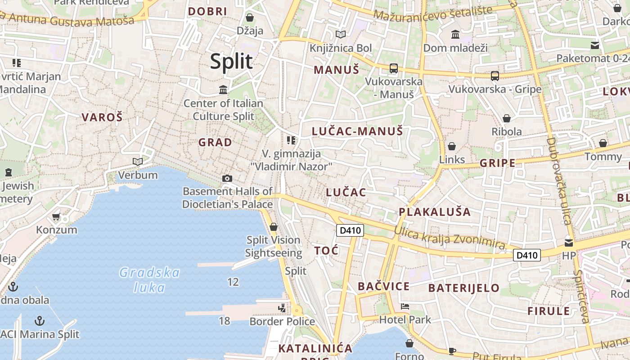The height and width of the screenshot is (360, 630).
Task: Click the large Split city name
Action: point(231,61)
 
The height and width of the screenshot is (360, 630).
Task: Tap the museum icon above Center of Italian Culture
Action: point(223,90)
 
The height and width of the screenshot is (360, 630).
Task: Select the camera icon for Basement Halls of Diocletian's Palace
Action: point(227,178)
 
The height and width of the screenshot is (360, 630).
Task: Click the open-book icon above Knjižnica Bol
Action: point(341,34)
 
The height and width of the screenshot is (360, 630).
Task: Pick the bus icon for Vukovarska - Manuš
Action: point(394,68)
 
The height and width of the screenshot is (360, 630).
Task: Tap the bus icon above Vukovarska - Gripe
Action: point(495,76)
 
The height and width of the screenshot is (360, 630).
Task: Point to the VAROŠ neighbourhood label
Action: point(102,117)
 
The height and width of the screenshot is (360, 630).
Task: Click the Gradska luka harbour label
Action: point(149,279)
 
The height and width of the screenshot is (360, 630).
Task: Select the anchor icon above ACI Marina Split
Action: point(40,321)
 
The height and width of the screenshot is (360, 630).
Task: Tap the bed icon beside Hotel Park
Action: point(405,306)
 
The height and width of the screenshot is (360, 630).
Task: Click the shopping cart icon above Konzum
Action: point(56,217)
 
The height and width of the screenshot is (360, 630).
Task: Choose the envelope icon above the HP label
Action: point(569,243)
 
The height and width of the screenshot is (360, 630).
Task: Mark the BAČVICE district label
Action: point(383,286)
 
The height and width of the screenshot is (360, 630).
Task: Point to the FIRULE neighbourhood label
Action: point(549,311)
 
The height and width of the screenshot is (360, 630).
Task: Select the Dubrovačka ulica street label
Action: point(559,180)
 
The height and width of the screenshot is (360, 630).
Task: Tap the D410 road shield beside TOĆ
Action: point(350,230)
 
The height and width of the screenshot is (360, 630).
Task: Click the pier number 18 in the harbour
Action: point(224,321)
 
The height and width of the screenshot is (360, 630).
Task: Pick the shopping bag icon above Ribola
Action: point(507,118)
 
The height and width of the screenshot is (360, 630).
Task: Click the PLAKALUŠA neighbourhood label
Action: point(435,212)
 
